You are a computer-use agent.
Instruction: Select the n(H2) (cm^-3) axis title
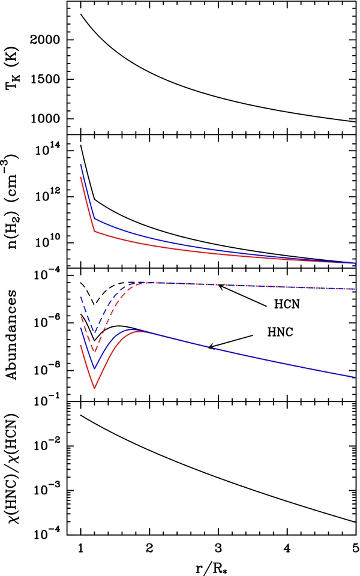(13, 201)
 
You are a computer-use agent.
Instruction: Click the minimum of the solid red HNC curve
(94, 388)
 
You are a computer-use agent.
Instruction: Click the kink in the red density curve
(94, 232)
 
